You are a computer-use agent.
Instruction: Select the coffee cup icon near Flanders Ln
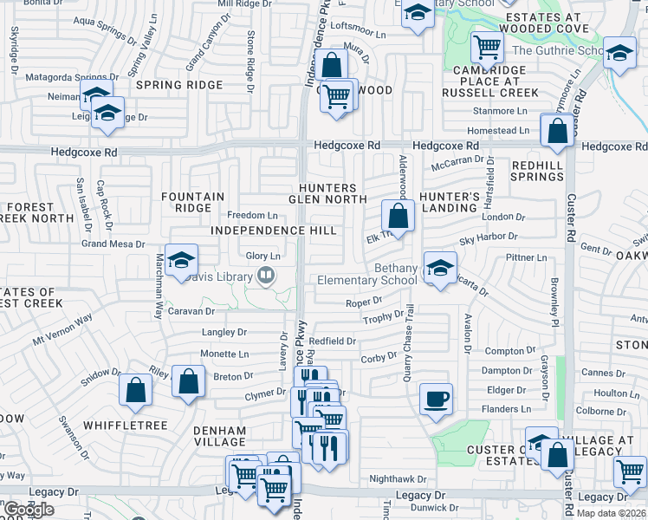[435, 399]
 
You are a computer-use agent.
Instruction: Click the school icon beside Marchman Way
[182, 260]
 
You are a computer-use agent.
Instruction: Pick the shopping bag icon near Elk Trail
[398, 216]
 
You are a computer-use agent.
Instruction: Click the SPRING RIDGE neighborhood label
[178, 85]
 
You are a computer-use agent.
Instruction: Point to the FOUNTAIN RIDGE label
[192, 202]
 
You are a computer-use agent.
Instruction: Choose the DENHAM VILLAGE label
[220, 436]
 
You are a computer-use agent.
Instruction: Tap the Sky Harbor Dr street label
[488, 236]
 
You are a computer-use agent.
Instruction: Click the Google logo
[29, 510]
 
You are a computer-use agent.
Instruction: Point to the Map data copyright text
[611, 513]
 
